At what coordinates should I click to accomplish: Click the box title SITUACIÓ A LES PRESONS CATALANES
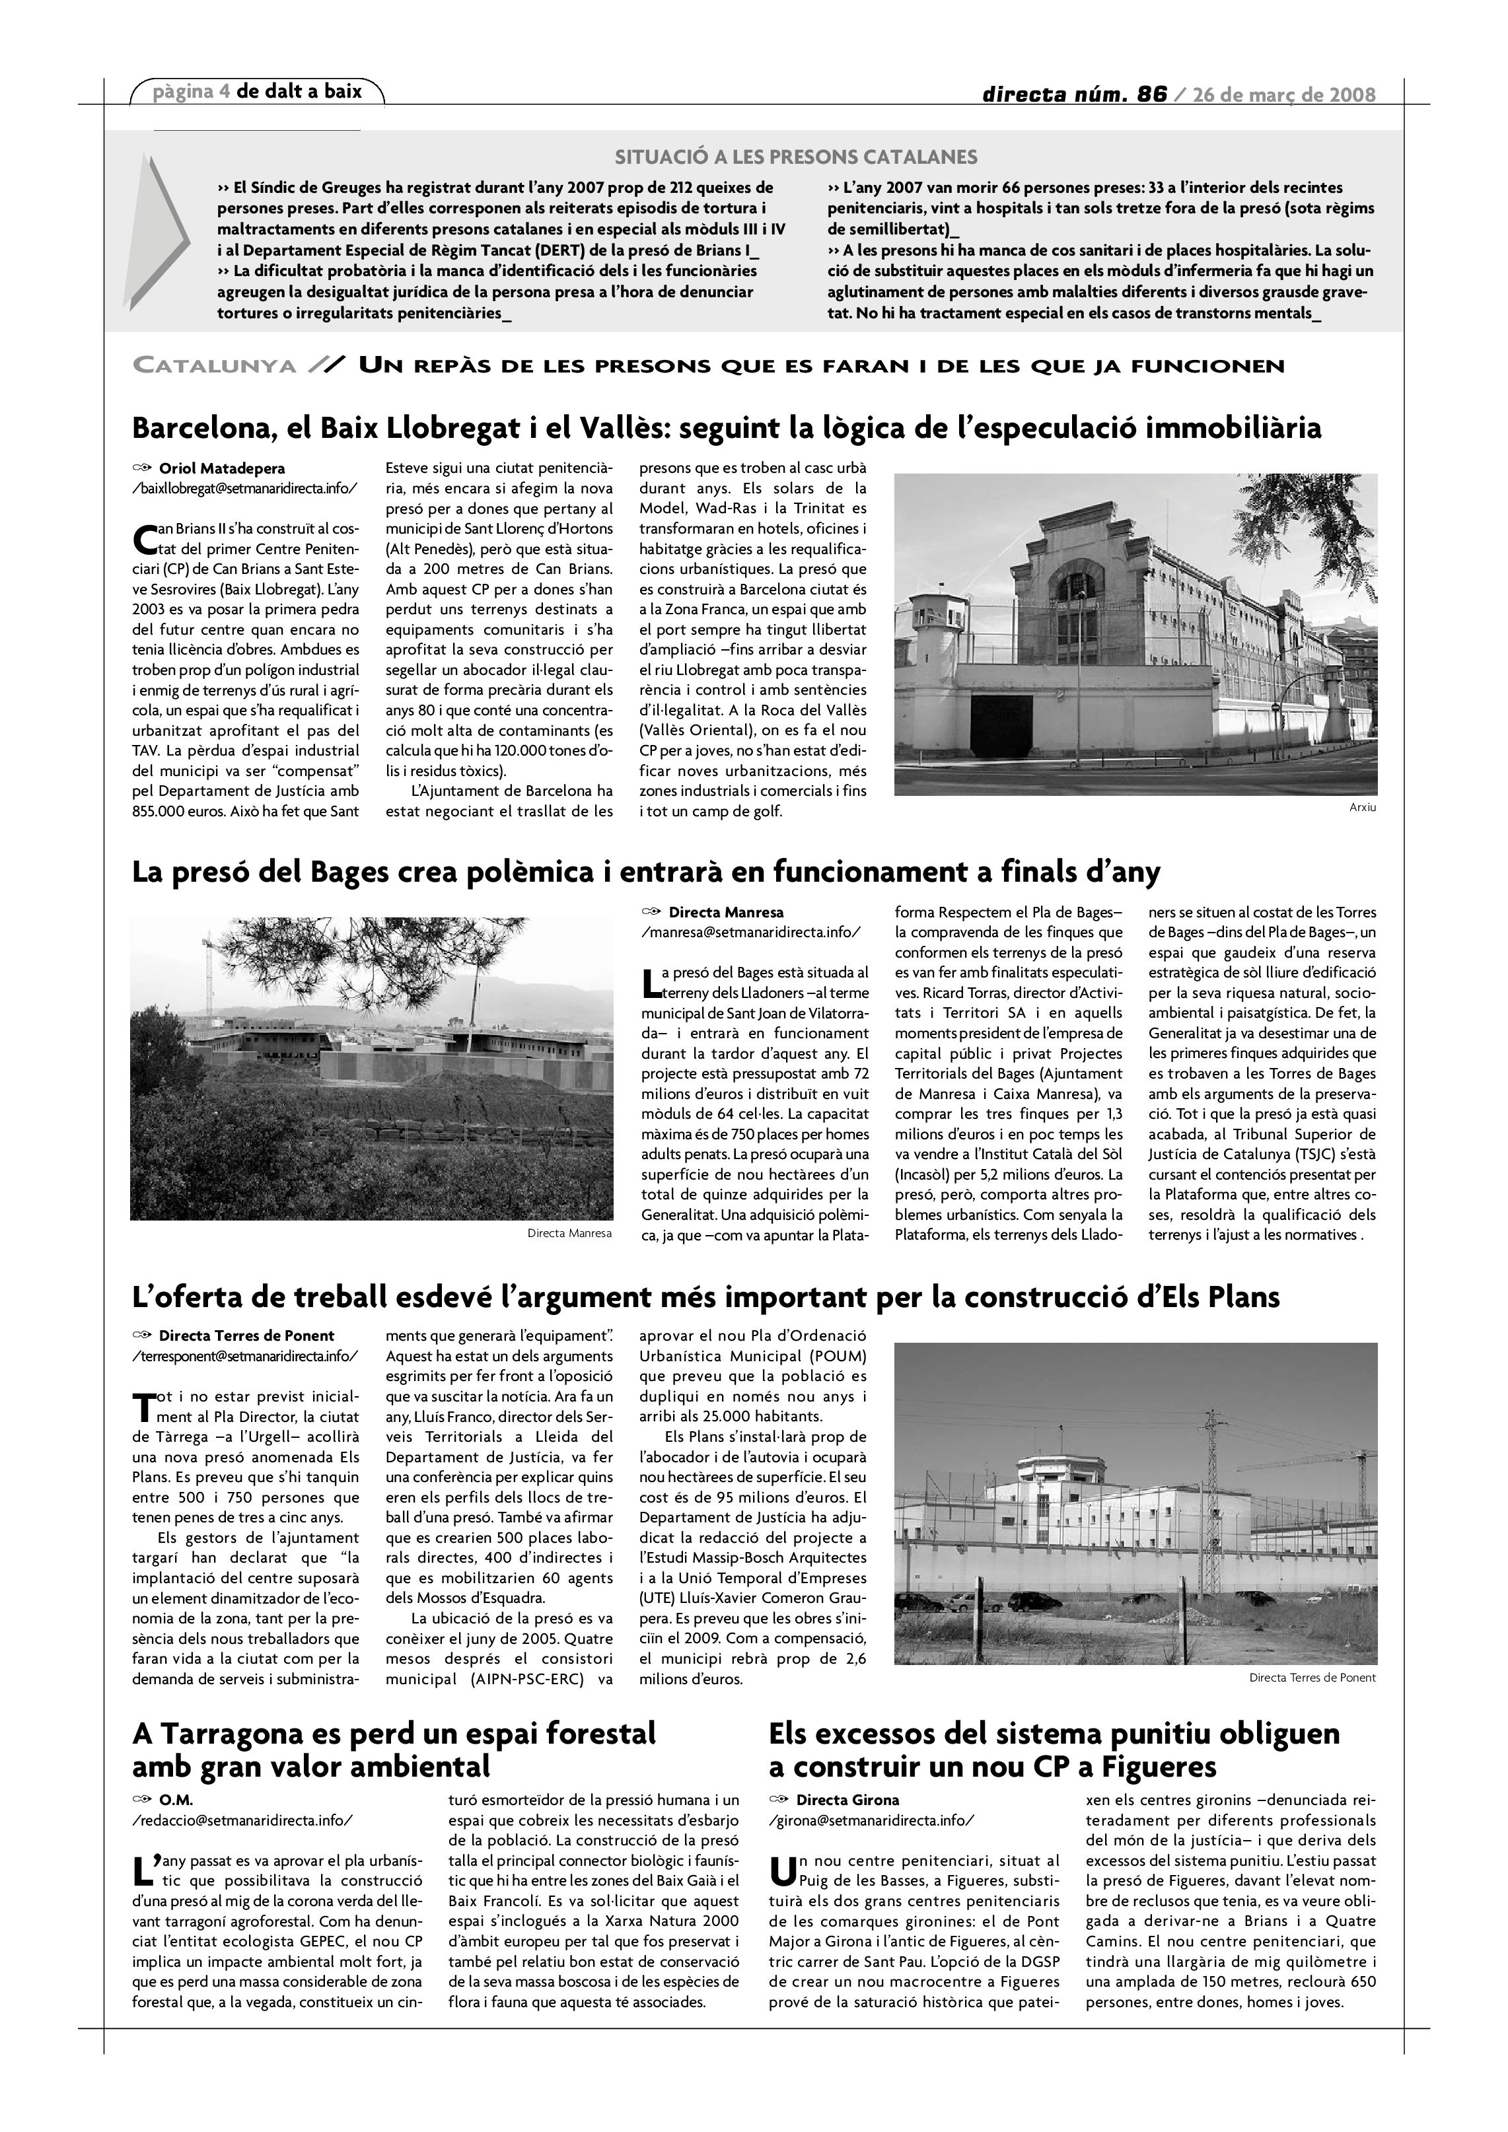pos(796,157)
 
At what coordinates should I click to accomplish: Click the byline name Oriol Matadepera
pos(222,469)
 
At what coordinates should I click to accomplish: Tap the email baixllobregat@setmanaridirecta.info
pos(245,489)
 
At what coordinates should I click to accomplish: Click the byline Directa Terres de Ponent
pos(246,1336)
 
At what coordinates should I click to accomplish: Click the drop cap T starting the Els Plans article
pos(142,1407)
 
